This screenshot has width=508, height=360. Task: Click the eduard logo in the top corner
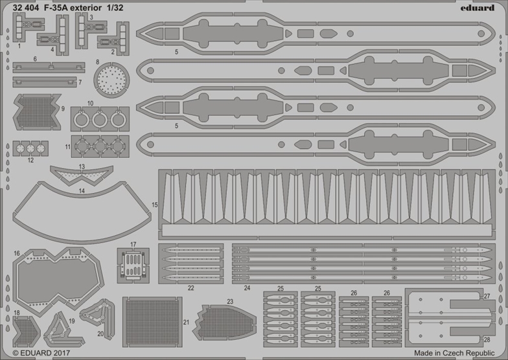[x=479, y=7]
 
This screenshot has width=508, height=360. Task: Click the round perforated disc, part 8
[x=112, y=81]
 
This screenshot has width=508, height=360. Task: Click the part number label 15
[x=154, y=186]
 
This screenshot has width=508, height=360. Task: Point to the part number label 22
[x=190, y=287]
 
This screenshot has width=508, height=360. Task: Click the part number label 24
[x=247, y=287]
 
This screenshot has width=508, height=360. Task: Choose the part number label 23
[x=230, y=301]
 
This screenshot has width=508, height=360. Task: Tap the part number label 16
[x=16, y=253]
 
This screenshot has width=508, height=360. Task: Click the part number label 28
[x=487, y=339]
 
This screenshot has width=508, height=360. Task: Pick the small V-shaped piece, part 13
[x=82, y=175]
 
